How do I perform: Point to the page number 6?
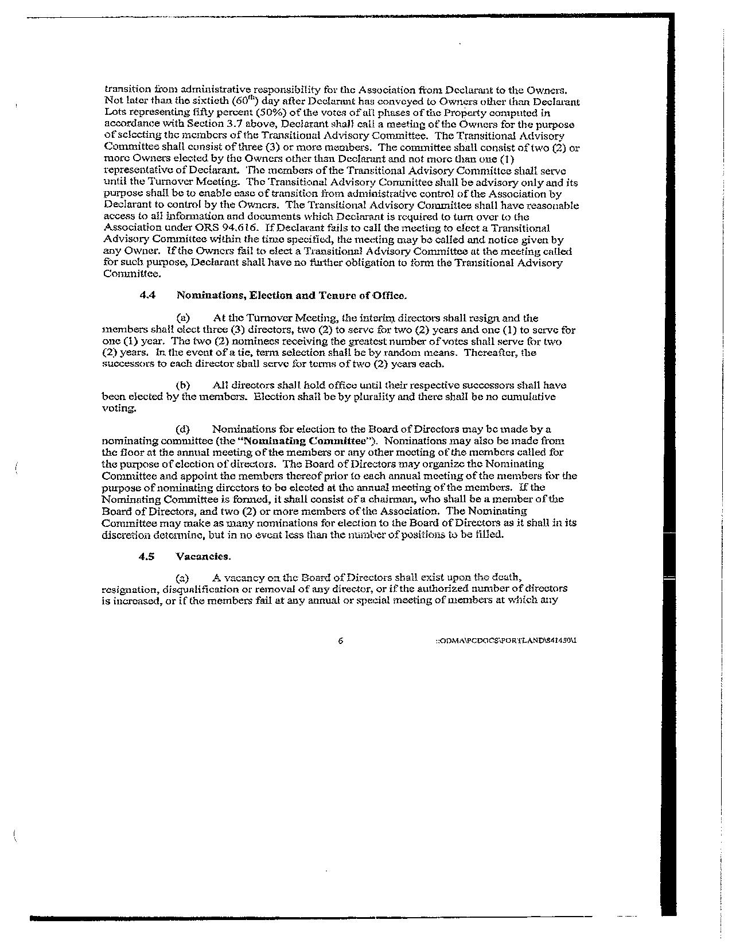[x=341, y=641]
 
